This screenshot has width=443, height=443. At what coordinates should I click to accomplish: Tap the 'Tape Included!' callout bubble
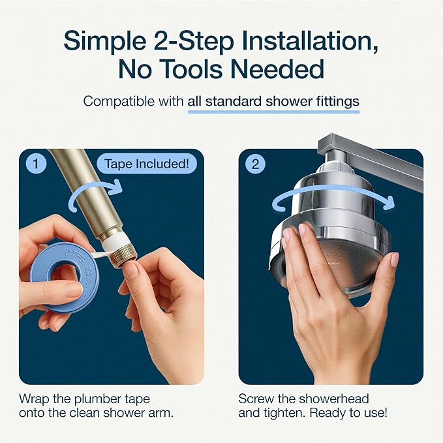pyautogui.click(x=147, y=164)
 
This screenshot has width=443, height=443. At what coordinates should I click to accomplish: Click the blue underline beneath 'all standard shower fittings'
pyautogui.click(x=273, y=112)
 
